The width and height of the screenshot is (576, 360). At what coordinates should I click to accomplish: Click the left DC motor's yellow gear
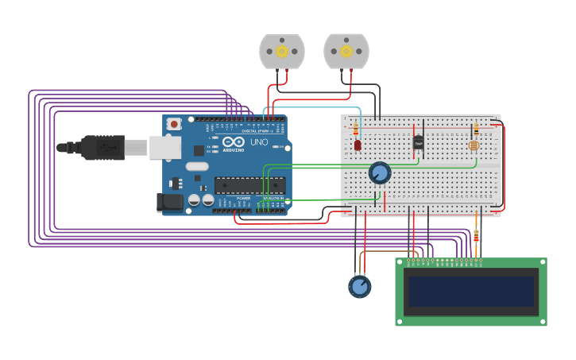coord(282,52)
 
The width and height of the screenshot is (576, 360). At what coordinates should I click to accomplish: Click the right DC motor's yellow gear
coord(346,52)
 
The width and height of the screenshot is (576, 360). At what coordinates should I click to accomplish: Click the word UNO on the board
coord(259,142)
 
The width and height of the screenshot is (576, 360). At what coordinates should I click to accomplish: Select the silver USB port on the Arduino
coord(165,147)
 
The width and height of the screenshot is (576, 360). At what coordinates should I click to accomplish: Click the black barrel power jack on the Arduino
coord(170,203)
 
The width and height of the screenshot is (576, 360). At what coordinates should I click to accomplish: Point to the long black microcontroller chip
coord(249,185)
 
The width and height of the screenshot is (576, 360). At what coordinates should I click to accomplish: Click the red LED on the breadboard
coord(358,145)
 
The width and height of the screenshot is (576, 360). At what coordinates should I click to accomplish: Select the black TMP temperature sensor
coord(419,142)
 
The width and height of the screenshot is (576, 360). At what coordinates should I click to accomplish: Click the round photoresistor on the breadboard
coord(474,145)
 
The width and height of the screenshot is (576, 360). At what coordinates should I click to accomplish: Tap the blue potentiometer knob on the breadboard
coord(380,172)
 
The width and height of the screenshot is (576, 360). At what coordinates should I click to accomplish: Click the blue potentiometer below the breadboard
coord(359,286)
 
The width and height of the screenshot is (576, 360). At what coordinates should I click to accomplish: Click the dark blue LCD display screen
coord(471,291)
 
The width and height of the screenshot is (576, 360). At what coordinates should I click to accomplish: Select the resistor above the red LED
coord(356,128)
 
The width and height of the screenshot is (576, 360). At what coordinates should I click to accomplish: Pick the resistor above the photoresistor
coord(476,130)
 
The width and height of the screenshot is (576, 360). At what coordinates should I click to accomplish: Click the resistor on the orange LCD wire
coord(476,235)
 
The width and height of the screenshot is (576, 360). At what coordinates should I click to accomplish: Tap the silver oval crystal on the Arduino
coord(197,167)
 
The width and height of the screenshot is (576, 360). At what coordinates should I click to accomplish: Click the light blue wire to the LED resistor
coord(318,107)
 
